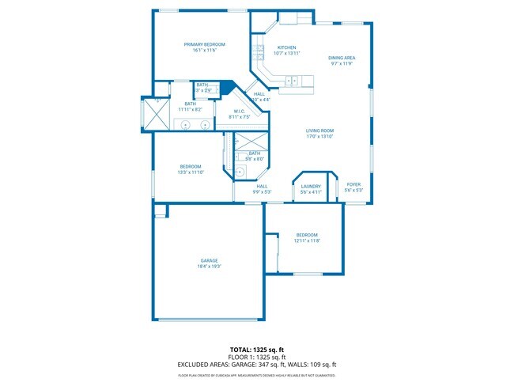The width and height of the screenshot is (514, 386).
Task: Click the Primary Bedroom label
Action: point(205,44)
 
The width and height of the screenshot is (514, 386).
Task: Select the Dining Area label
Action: point(342,58)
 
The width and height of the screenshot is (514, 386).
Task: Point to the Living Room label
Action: point(320,131)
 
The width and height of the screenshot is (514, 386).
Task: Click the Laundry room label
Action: point(311,186)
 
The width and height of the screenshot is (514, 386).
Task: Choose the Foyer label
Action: point(353,184)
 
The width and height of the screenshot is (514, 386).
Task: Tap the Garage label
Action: point(209,260)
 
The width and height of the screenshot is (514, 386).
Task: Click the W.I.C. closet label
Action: point(240,111)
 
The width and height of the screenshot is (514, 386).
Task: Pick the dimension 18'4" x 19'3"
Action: point(209,267)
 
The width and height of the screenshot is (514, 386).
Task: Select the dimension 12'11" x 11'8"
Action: point(307,240)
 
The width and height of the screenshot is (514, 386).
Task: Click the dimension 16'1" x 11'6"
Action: point(205,51)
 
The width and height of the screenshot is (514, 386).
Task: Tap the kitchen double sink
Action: point(291,80)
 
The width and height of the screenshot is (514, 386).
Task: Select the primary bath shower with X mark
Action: point(155,114)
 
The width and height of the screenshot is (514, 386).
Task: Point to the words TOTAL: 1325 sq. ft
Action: point(256,349)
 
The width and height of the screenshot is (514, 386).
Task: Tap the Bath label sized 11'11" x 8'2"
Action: point(190,104)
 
